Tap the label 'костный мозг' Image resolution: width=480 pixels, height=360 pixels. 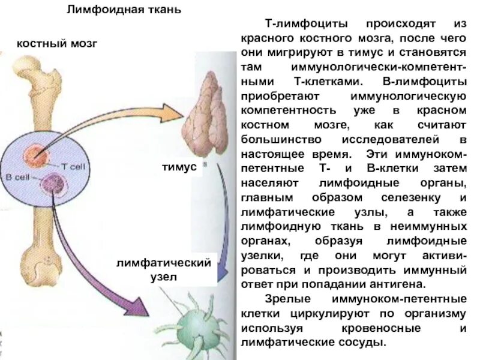56,44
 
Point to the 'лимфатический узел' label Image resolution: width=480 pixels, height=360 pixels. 164,270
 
